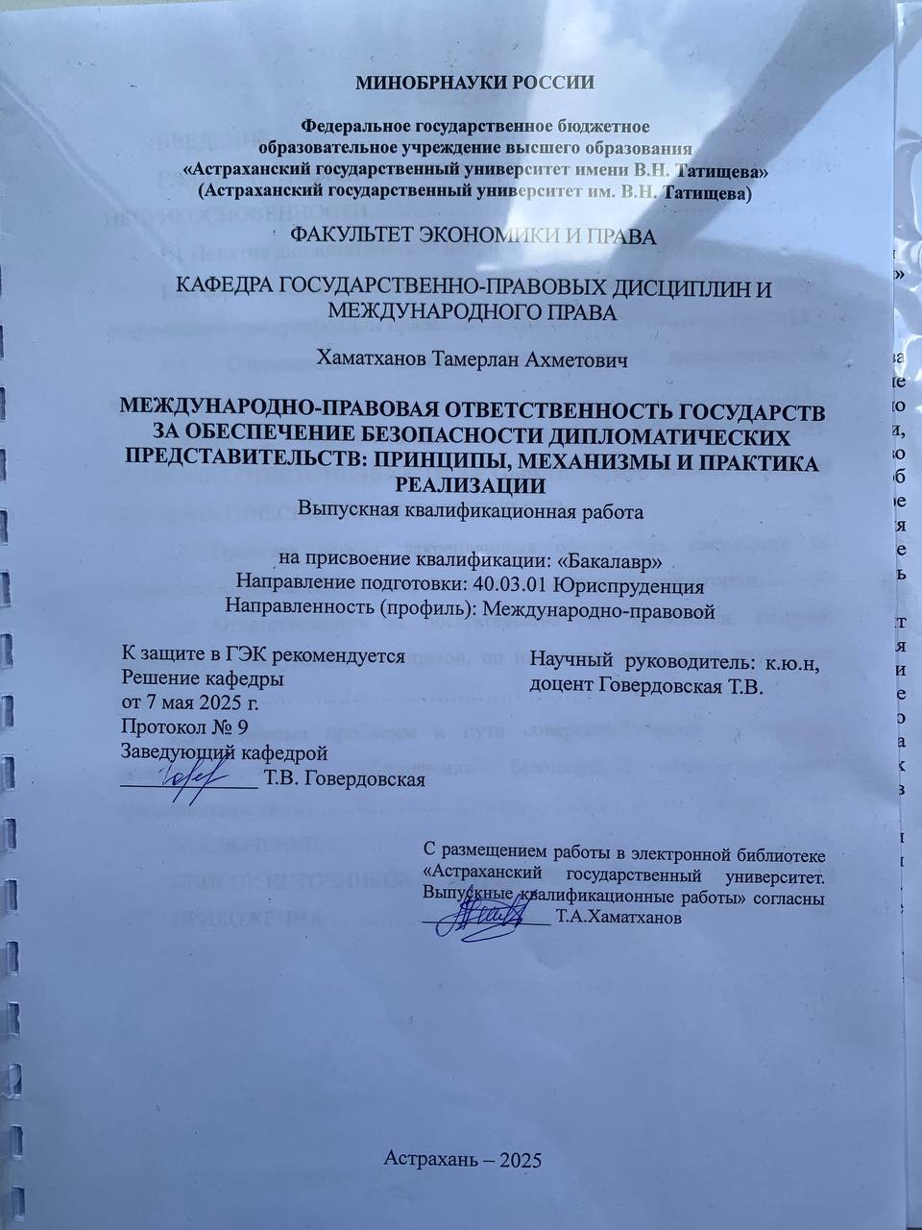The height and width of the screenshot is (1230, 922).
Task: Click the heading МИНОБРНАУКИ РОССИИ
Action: pyautogui.click(x=474, y=82)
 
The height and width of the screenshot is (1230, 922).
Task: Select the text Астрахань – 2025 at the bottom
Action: pyautogui.click(x=464, y=1158)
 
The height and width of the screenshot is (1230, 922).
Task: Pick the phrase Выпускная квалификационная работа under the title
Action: pyautogui.click(x=470, y=510)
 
